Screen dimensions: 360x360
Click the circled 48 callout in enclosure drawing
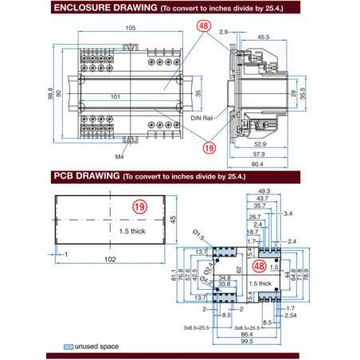(x=204, y=26)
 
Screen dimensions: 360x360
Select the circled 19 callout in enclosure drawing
(x=209, y=147)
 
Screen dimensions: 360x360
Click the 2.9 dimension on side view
(x=225, y=32)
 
